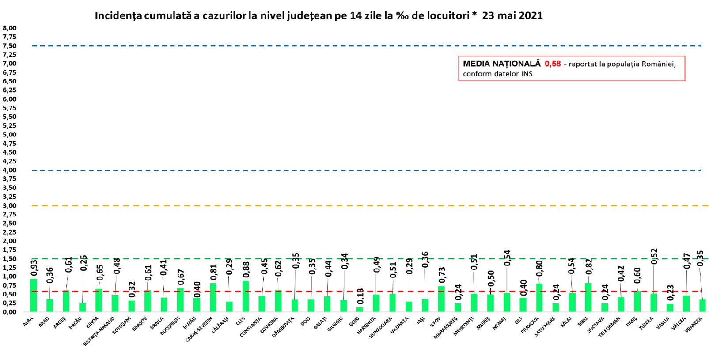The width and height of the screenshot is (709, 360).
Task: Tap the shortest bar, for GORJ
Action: coord(360,309)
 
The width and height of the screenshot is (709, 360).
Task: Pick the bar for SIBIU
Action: coord(588,297)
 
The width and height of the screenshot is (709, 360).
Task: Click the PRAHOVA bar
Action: coord(539,298)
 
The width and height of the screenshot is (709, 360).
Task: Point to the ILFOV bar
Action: coord(441,299)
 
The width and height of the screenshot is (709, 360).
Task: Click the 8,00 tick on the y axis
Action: coord(10,28)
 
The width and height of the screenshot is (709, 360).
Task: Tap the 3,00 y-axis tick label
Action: coord(10,205)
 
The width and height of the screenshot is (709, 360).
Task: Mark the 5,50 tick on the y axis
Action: coord(10,117)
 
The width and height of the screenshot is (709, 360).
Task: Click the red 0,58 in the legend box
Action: coord(552,64)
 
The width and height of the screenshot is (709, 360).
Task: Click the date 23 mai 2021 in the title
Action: coord(512,16)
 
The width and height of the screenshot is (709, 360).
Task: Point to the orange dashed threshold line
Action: coord(353,205)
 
